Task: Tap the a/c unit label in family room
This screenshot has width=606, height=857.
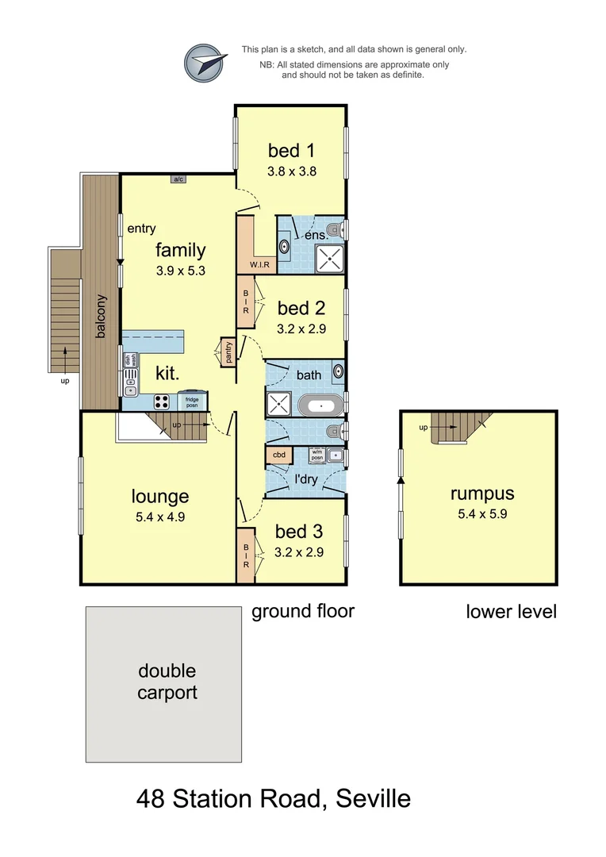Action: (178, 179)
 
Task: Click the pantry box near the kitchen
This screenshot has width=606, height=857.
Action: (228, 352)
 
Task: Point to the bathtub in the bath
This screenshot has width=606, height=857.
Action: (321, 405)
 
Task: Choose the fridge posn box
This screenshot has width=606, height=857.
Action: (193, 400)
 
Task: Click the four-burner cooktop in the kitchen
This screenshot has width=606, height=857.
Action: (163, 401)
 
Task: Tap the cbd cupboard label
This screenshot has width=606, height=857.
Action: (279, 455)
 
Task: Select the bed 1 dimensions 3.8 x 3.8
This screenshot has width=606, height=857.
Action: (292, 170)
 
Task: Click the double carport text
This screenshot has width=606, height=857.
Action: (167, 682)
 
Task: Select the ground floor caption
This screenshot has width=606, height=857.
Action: (302, 611)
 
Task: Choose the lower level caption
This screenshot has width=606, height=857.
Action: (511, 611)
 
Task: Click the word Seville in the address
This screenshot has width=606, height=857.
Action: (374, 797)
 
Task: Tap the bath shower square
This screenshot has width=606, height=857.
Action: (279, 404)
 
